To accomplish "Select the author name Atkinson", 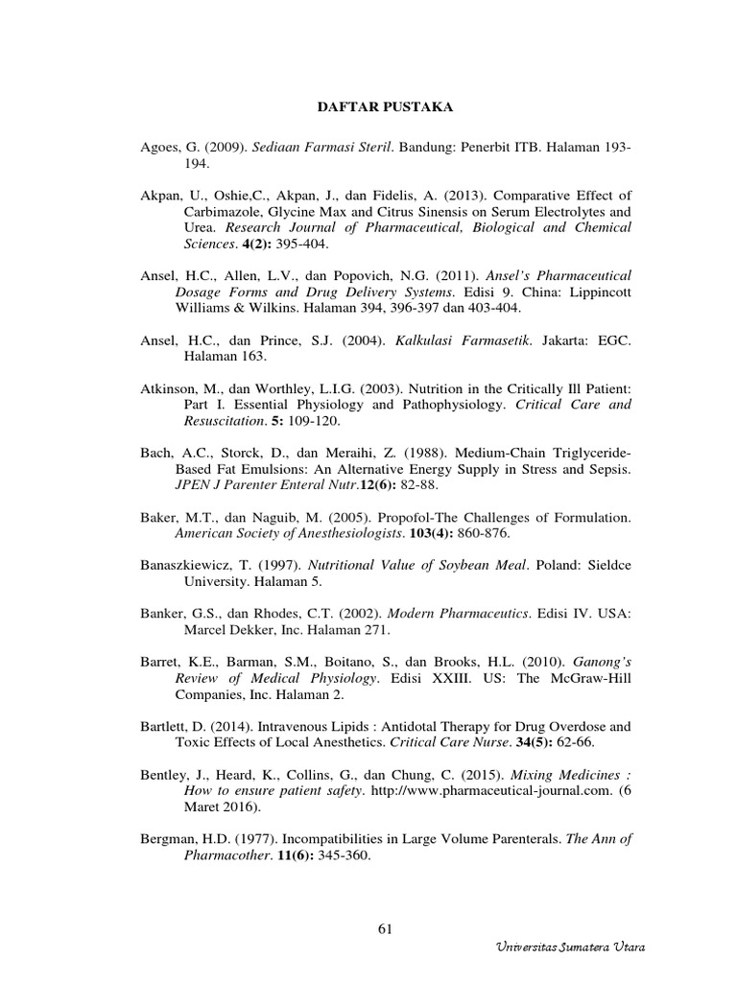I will [x=167, y=387].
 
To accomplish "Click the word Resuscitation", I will [x=226, y=420].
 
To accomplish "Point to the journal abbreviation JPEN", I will [x=193, y=485].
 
